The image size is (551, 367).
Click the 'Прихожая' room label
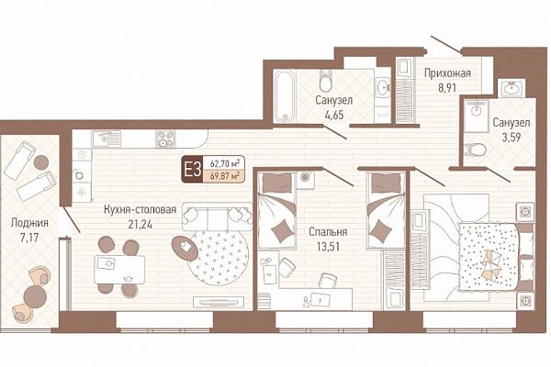tap(447, 73)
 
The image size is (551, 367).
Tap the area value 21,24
tap(141, 225)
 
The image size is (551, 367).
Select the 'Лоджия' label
tap(29, 223)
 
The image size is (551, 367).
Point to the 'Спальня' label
tap(328, 232)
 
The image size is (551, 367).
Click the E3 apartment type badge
tap(193, 170)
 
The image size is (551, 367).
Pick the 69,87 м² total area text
tap(225, 176)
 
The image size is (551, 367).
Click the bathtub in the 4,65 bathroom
tap(284, 95)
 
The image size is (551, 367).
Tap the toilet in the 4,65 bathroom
tap(326, 80)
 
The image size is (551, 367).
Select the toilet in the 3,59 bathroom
tap(475, 150)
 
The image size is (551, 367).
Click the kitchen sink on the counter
tap(106, 139)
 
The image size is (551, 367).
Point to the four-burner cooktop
tap(165, 139)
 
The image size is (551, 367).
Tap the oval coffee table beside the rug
tap(186, 248)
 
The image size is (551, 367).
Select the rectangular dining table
tap(119, 270)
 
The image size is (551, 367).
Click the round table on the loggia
tap(35, 296)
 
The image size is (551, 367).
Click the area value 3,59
tap(512, 138)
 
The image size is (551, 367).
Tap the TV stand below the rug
tap(219, 301)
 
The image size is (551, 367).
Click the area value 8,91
tap(447, 87)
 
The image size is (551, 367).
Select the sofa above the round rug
tap(217, 216)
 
